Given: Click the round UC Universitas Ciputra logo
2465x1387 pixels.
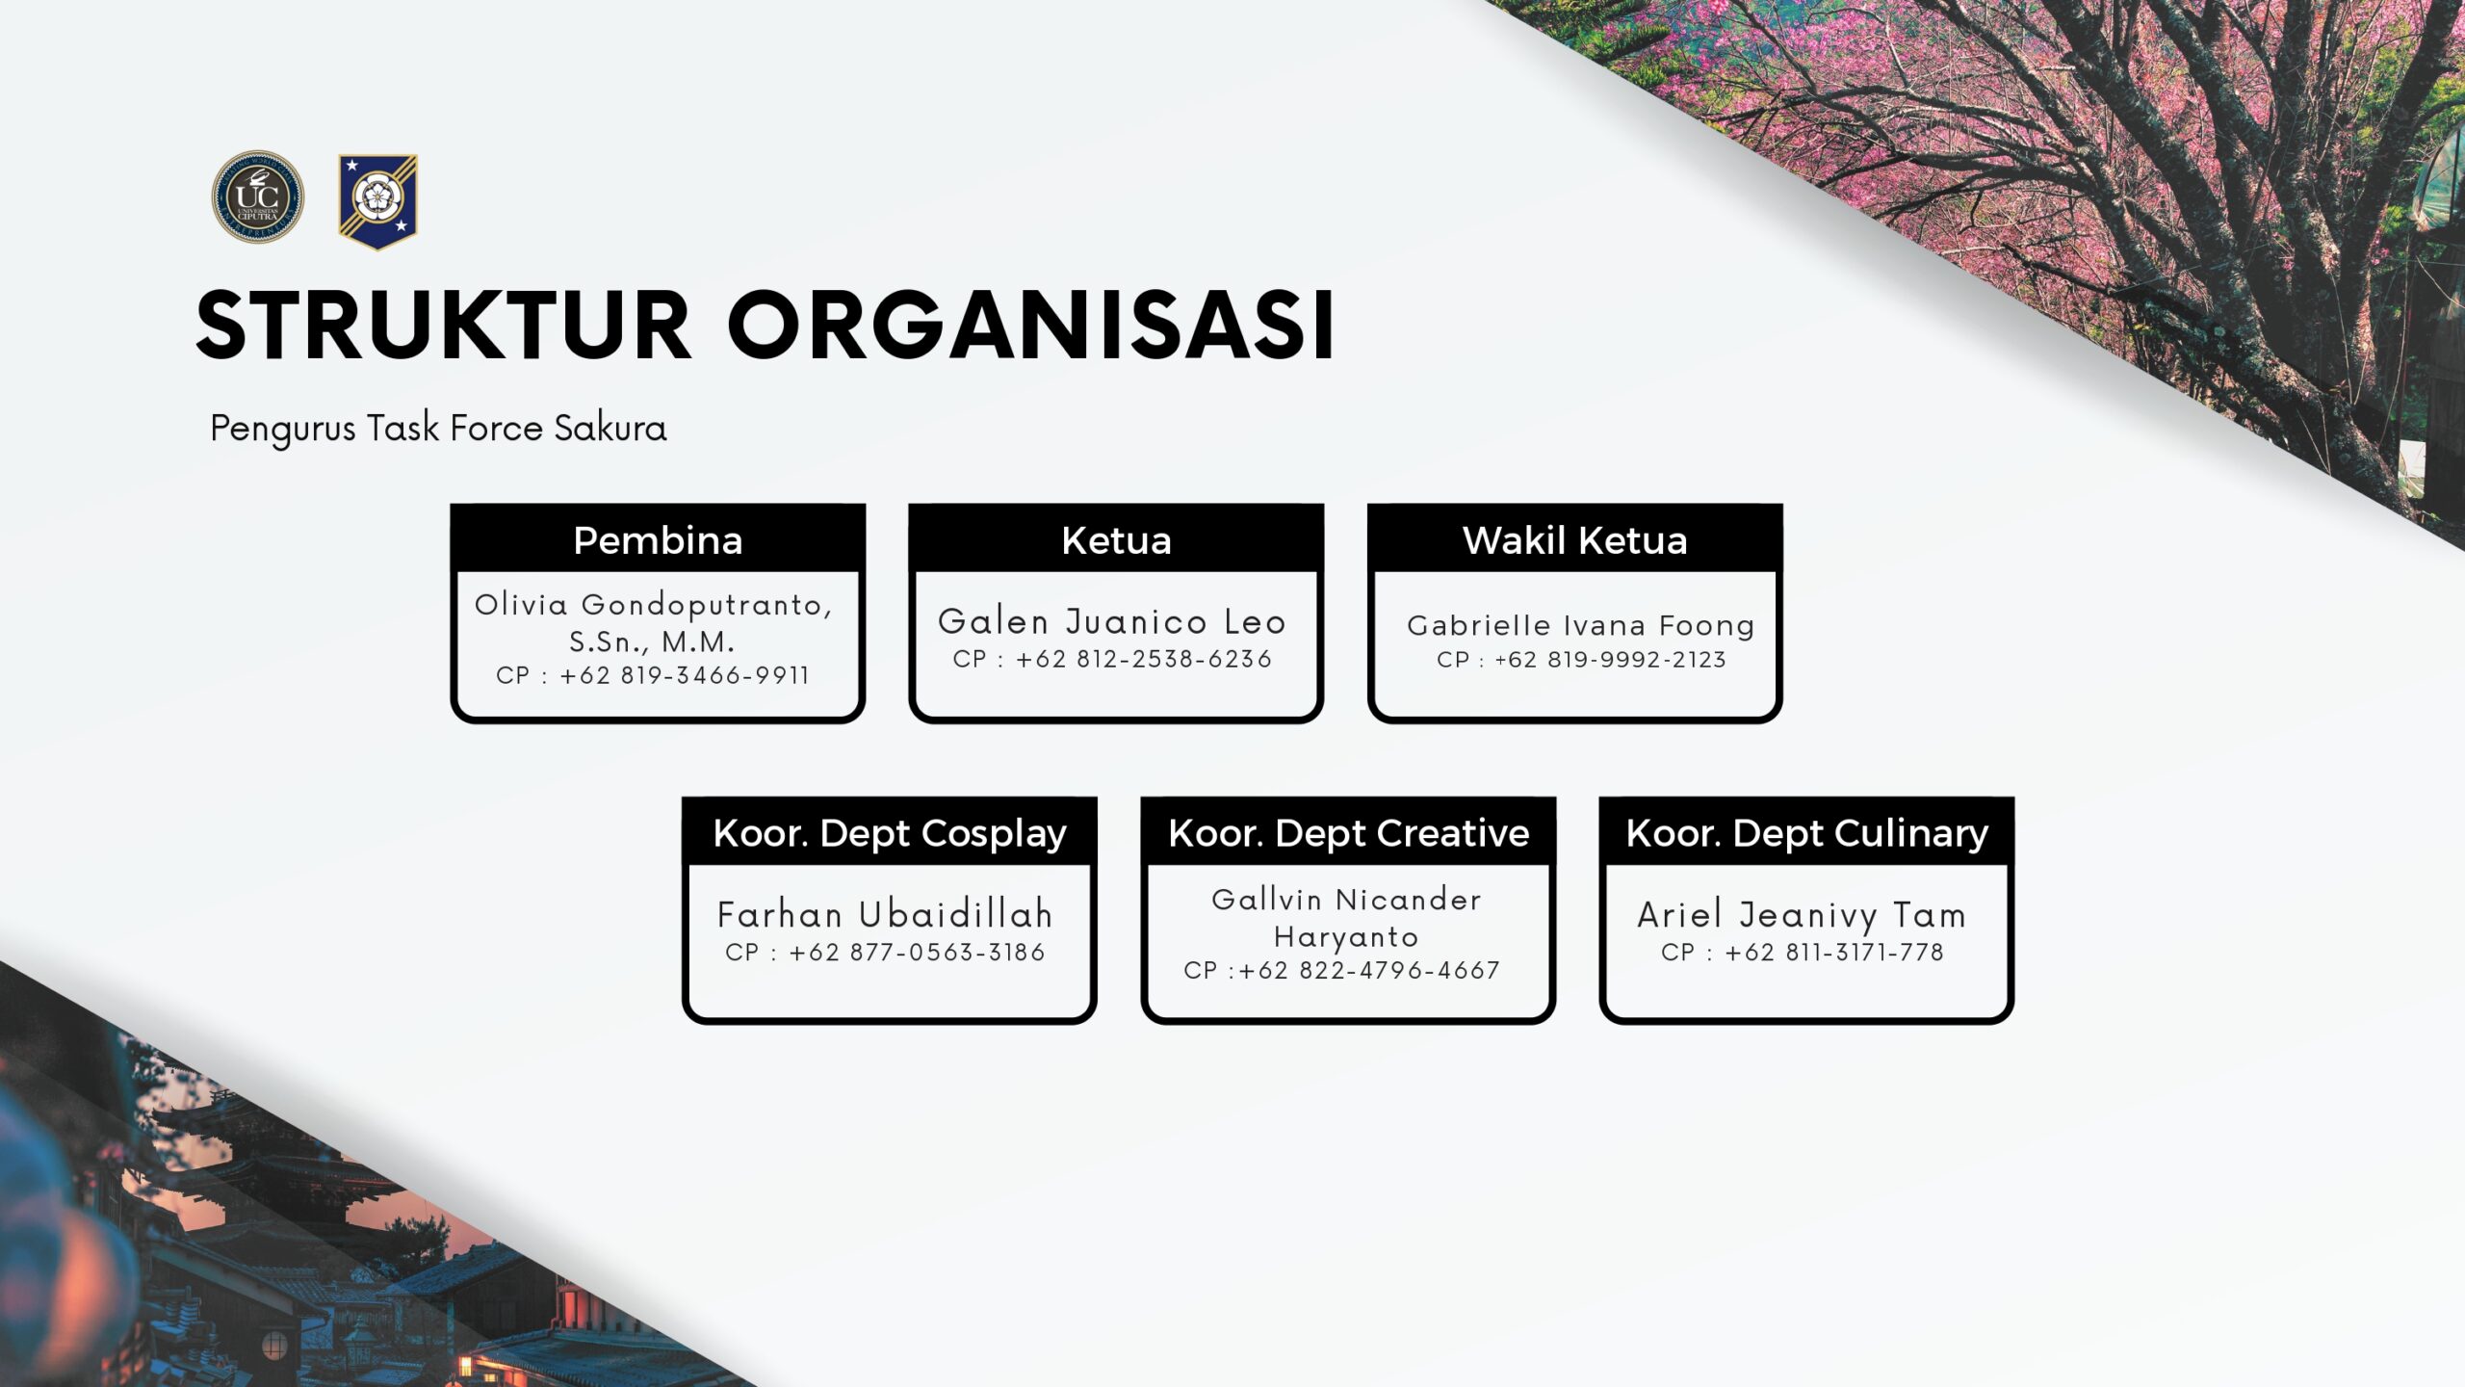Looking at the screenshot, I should coord(257,196).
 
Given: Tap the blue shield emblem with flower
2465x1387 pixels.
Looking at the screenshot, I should coord(377,200).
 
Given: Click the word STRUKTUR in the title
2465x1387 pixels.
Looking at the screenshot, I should coord(444,326).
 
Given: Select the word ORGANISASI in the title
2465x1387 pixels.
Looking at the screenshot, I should coord(1031,326).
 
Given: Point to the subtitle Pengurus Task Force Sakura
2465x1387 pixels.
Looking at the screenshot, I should coord(438,429).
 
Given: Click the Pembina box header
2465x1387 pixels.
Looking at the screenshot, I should coord(658,540).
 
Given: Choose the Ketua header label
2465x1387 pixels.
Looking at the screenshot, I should coord(1116,540).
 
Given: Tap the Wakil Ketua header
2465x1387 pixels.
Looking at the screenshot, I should coord(1574,540).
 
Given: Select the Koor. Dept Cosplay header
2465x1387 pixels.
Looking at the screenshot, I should coord(890,833).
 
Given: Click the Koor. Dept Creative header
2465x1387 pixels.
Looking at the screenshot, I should coord(1348,833).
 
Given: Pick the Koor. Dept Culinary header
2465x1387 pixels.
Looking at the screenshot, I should coord(1806,833).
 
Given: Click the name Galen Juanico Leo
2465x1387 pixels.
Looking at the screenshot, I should coord(1112,622).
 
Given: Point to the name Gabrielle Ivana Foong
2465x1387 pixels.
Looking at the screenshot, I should coord(1580,626).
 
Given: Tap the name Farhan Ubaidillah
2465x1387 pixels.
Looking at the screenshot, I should coord(885,915).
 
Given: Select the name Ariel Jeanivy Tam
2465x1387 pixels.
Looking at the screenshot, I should coord(1802,915).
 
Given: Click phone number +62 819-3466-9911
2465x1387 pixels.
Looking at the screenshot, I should coord(684,676).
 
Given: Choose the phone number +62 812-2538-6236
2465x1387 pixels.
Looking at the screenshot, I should coord(1143,660).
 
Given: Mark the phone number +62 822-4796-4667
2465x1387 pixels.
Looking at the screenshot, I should coord(1369,971).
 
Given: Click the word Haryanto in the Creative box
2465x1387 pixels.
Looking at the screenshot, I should coord(1346,937).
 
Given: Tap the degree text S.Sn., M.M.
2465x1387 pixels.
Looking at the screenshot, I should coord(652,642).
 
